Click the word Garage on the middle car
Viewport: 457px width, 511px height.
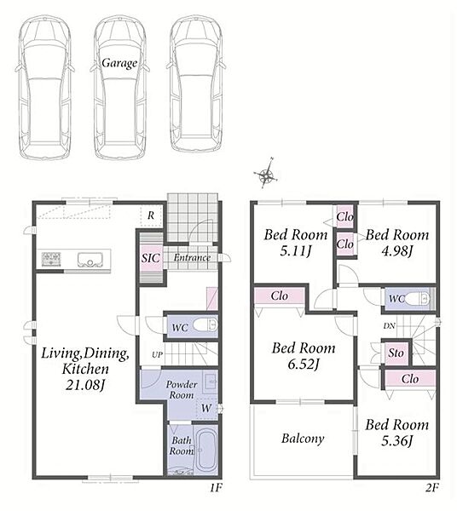pyautogui.click(x=119, y=63)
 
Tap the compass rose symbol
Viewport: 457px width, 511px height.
pyautogui.click(x=266, y=174)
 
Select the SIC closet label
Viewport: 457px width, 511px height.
pyautogui.click(x=151, y=258)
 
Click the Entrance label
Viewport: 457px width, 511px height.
pyautogui.click(x=192, y=257)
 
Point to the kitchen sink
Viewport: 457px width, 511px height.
pyautogui.click(x=90, y=260)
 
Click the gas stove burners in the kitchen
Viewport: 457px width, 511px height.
pyautogui.click(x=51, y=260)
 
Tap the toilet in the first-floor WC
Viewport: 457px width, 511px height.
pyautogui.click(x=205, y=325)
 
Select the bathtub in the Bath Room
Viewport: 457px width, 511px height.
pyautogui.click(x=206, y=449)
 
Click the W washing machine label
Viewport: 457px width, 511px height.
pyautogui.click(x=205, y=408)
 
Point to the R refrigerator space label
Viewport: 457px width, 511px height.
pyautogui.click(x=151, y=215)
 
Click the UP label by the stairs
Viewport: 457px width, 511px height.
pyautogui.click(x=157, y=354)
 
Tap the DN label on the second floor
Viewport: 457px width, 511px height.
pyautogui.click(x=389, y=325)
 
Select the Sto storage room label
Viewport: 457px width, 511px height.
pyautogui.click(x=396, y=353)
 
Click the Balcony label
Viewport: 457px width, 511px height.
pyautogui.click(x=303, y=439)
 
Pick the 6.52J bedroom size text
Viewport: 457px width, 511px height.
pyautogui.click(x=303, y=364)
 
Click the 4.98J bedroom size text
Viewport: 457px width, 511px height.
pyautogui.click(x=397, y=251)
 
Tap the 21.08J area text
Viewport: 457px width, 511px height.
pyautogui.click(x=84, y=385)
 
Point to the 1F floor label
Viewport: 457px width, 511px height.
pyautogui.click(x=216, y=488)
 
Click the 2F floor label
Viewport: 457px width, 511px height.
pyautogui.click(x=432, y=488)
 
